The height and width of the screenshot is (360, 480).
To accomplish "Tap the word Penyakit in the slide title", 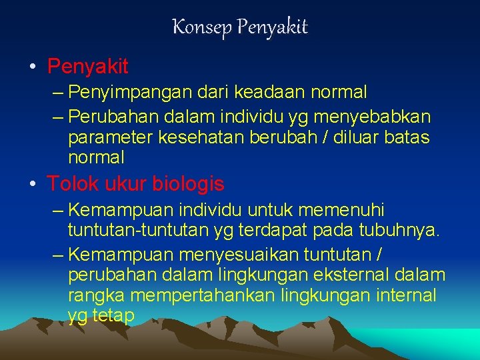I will coord(272,27).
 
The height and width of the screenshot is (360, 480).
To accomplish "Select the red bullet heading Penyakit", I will coord(87,67).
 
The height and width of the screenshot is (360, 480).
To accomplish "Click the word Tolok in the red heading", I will coord(69,183).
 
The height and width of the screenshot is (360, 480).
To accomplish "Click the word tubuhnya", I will coord(399,231).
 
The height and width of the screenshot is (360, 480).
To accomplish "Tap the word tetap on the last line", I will coord(111,315).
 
